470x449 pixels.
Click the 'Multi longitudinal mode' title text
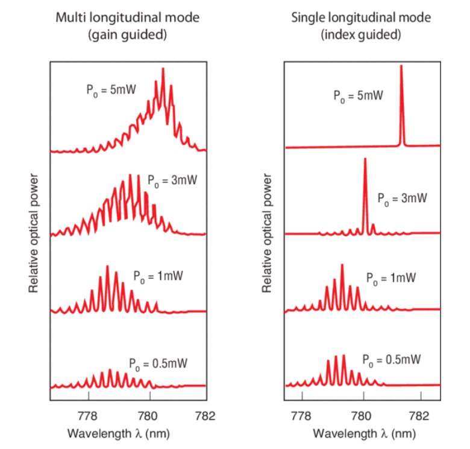(x=127, y=18)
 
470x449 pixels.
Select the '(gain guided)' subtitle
(x=127, y=34)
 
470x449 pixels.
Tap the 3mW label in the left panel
(x=173, y=180)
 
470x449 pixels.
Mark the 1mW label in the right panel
(x=391, y=278)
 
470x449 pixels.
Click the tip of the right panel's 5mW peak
(x=401, y=66)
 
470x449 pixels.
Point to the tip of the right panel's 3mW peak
(x=365, y=159)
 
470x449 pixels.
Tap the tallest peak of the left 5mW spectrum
(x=163, y=69)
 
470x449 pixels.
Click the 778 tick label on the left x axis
(x=89, y=416)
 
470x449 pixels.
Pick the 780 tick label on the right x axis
(x=360, y=416)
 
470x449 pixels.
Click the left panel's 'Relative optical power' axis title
(x=34, y=235)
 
